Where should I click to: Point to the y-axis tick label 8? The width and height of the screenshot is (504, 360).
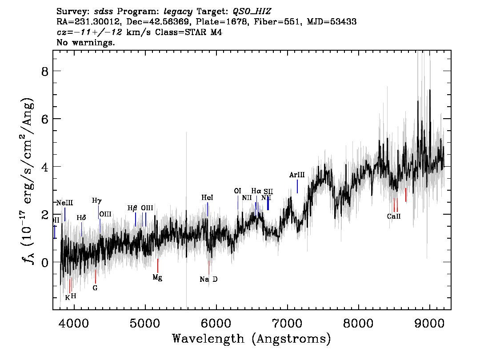tap(44, 71)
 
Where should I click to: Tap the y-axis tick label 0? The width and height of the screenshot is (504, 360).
tap(44, 262)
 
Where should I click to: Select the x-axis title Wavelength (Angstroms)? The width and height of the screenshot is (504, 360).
tap(252, 339)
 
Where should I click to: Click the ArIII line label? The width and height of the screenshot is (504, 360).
tap(296, 175)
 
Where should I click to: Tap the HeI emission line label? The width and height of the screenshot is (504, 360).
tap(208, 197)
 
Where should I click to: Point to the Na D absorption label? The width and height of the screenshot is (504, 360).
tap(208, 280)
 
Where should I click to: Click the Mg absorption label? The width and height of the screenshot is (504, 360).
tap(157, 277)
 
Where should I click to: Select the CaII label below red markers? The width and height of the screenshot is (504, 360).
tap(394, 216)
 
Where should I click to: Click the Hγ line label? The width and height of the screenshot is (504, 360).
tap(97, 200)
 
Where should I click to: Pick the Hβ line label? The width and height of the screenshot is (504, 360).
tap(132, 208)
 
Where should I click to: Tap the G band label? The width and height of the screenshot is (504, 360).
tap(95, 288)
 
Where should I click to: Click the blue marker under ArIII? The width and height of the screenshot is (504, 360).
tap(297, 186)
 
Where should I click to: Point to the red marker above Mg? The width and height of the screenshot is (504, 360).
tap(158, 266)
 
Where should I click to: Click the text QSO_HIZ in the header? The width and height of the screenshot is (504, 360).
tap(252, 11)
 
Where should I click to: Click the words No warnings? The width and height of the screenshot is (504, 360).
tap(86, 43)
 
